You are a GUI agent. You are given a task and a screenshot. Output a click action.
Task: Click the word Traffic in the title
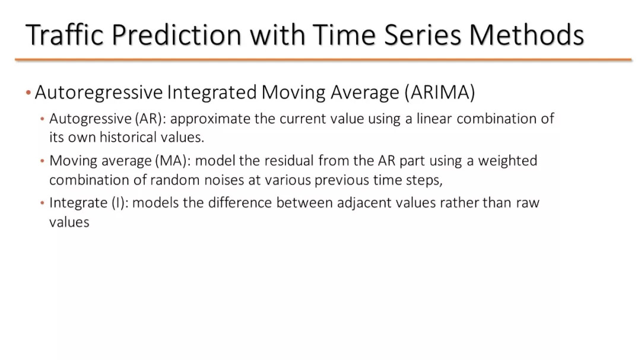pos(65,34)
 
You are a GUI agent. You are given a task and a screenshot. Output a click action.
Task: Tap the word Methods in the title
pos(526,34)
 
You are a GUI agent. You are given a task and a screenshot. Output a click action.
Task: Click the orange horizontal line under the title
pos(323,60)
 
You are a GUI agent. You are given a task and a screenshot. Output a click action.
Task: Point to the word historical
pos(128,138)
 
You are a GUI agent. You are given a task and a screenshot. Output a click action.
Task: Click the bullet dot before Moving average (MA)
pos(42,161)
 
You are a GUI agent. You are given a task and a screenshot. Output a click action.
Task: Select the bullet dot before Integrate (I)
pos(42,203)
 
